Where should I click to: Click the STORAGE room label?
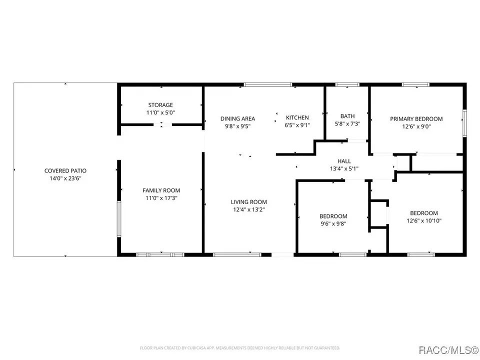(160, 105)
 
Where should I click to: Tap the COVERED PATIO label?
(65, 171)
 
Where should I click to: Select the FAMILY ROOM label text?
(161, 190)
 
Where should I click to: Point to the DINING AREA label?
(237, 119)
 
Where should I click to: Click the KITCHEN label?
(297, 117)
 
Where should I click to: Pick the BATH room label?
(347, 116)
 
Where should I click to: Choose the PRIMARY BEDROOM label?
(416, 119)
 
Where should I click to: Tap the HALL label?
(344, 161)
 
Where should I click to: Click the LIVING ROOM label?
(249, 202)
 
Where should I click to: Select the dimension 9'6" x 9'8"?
(333, 224)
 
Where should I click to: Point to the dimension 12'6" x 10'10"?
(424, 220)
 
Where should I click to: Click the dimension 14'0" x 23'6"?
(65, 178)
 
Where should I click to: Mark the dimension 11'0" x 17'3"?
(161, 198)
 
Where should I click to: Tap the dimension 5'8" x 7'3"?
(347, 124)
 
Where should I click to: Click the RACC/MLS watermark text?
(448, 350)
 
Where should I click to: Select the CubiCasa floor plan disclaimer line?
(240, 348)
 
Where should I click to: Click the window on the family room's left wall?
(119, 219)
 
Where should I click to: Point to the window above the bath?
(347, 84)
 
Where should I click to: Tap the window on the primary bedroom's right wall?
(464, 123)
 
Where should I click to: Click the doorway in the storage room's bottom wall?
(162, 124)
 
